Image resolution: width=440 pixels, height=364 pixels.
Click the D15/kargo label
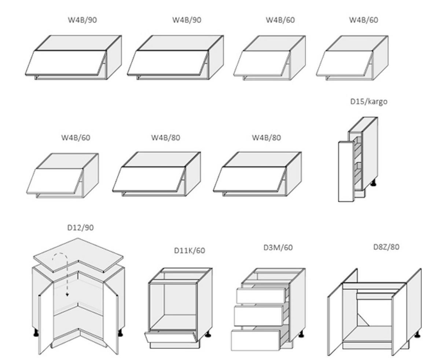tap(368, 102)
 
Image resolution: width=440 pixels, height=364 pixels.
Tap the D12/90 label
tap(80, 228)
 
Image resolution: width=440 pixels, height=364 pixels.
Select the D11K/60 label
tap(189, 251)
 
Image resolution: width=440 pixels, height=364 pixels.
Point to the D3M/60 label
tap(278, 247)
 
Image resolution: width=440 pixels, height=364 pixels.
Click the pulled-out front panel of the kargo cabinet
tap(345, 172)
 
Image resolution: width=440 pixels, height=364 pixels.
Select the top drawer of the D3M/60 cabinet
tap(261, 296)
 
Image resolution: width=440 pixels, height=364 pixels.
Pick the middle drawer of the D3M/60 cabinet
tap(258, 316)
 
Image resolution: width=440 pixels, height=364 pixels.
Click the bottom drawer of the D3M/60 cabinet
tap(256, 340)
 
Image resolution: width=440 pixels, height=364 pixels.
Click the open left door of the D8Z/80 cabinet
tap(335, 323)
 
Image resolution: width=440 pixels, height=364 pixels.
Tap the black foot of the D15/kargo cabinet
tap(373, 183)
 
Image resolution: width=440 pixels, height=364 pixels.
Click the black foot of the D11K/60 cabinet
tap(208, 334)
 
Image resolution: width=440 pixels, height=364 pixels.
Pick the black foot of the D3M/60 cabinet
tap(301, 334)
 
